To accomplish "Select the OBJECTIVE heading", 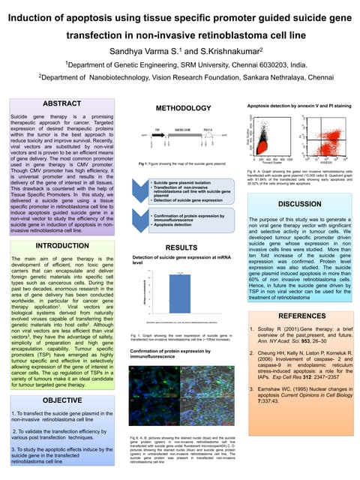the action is tap(61, 401).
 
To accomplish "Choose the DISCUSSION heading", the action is tap(299, 203).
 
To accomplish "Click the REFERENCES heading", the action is tap(299, 317).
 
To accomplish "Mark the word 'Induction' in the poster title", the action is tap(47, 16).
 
